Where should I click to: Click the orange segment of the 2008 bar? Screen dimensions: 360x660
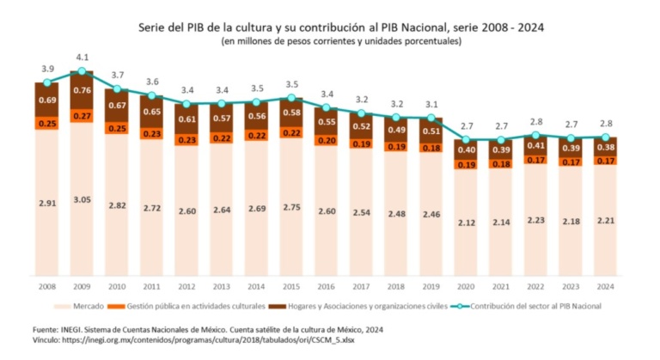click(46, 123)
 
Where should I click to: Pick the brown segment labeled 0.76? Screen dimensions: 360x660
click(82, 90)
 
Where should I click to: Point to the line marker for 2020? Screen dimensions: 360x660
click(466, 140)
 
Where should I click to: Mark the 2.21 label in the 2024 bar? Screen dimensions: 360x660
click(606, 223)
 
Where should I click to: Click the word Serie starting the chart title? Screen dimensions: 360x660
click(153, 27)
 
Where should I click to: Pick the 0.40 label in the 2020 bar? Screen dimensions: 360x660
click(466, 149)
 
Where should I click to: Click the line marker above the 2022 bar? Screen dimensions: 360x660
click(536, 135)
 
